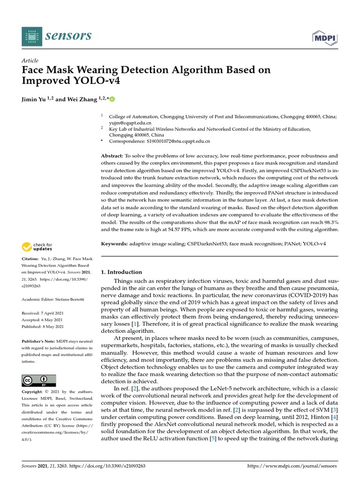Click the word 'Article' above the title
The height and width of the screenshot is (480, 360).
(x=30, y=60)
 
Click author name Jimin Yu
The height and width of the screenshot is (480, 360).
(x=36, y=99)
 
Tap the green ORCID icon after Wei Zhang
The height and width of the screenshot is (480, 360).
(x=112, y=99)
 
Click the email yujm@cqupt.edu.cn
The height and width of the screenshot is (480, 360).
(x=130, y=123)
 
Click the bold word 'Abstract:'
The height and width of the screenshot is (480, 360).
(x=112, y=156)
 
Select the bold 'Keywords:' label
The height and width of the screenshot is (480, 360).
(x=114, y=244)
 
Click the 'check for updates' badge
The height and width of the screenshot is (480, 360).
(x=37, y=247)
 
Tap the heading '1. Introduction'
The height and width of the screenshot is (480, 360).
(x=121, y=272)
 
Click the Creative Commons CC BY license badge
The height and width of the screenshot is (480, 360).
(x=39, y=380)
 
